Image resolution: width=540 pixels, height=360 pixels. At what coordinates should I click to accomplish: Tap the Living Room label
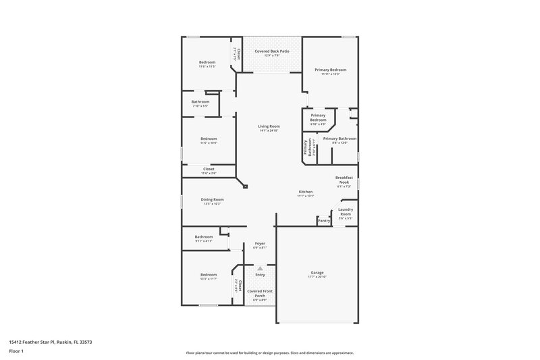pyautogui.click(x=269, y=127)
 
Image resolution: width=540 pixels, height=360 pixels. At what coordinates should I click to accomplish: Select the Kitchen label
pyautogui.click(x=306, y=192)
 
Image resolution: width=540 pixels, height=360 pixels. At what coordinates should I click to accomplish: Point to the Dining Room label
pyautogui.click(x=212, y=200)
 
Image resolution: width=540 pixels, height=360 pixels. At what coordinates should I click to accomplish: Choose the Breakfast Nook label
pyautogui.click(x=344, y=180)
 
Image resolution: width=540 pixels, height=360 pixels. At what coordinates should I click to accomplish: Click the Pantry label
pyautogui.click(x=324, y=221)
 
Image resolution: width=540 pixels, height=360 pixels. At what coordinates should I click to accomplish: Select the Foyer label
pyautogui.click(x=260, y=244)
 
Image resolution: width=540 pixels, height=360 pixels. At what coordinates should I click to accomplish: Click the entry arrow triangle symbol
pyautogui.click(x=260, y=268)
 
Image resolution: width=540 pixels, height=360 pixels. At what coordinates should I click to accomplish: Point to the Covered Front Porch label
pyautogui.click(x=260, y=293)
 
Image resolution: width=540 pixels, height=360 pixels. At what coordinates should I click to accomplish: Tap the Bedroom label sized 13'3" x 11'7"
pyautogui.click(x=208, y=276)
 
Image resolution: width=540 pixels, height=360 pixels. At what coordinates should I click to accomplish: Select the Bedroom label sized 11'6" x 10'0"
pyautogui.click(x=208, y=140)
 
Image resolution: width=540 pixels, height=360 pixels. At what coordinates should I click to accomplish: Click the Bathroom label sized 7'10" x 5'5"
pyautogui.click(x=200, y=103)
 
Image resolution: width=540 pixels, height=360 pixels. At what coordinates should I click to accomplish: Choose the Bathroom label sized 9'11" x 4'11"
pyautogui.click(x=204, y=238)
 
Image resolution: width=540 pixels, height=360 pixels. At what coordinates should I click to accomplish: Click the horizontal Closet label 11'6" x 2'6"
pyautogui.click(x=209, y=170)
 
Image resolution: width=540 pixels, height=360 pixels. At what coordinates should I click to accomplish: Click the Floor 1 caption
pyautogui.click(x=16, y=352)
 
